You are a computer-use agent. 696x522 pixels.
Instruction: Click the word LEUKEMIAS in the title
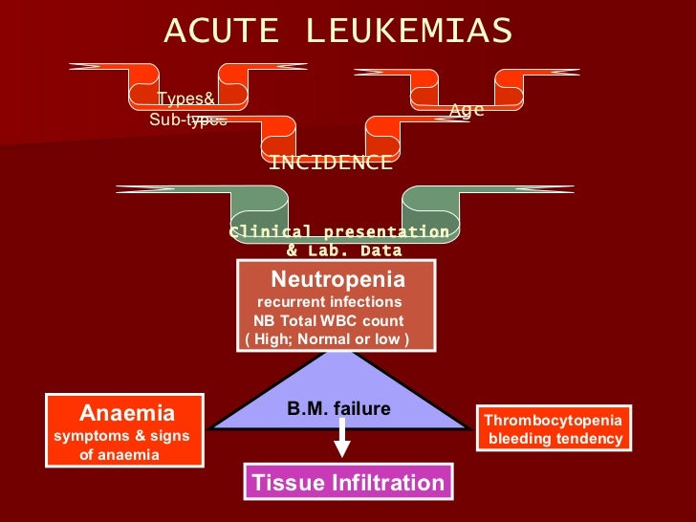tap(409, 32)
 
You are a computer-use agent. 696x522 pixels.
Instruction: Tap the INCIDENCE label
tap(331, 163)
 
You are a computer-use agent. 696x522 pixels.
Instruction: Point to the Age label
tap(467, 111)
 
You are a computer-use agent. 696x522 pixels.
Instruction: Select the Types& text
tap(185, 99)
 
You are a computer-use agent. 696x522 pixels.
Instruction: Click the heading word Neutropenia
tap(337, 279)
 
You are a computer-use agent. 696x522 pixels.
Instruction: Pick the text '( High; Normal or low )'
tap(327, 339)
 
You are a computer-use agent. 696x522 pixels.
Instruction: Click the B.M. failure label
tap(338, 408)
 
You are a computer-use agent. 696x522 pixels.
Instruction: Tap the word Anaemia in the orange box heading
tap(127, 414)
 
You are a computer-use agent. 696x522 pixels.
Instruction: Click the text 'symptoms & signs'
tap(120, 436)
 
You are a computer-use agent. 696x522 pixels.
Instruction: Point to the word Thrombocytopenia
tap(553, 421)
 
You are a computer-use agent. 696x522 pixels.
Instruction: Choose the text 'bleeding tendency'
tap(555, 440)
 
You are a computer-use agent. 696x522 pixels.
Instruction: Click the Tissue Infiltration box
tap(348, 483)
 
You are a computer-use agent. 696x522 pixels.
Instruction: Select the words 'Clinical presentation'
tap(340, 232)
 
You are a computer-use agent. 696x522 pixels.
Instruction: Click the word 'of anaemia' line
tap(119, 455)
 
